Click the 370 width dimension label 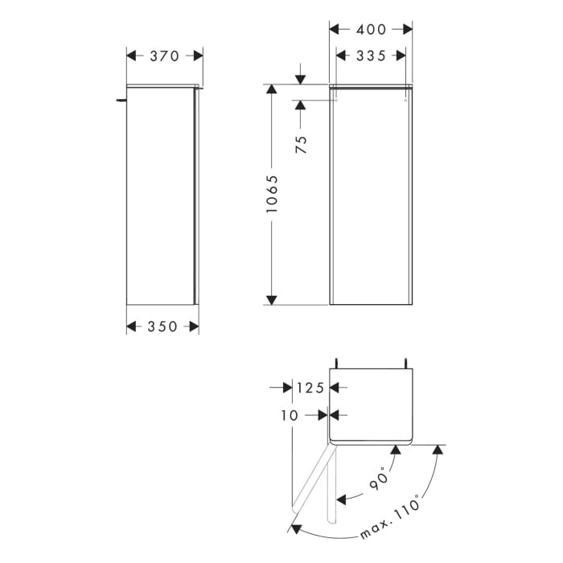pos(165,56)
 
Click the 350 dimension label pos(162,327)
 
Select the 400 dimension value pos(371,30)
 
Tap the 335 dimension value pos(371,55)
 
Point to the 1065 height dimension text pos(272,194)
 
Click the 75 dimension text pos(301,145)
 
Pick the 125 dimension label pos(309,388)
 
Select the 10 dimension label pos(290,416)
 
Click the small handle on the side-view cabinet pos(121,100)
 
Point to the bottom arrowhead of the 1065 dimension pos(272,300)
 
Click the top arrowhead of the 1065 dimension pos(272,89)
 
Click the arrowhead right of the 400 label pos(407,30)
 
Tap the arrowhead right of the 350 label pos(193,327)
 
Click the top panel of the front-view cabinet pos(371,85)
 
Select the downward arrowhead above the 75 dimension pos(301,79)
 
